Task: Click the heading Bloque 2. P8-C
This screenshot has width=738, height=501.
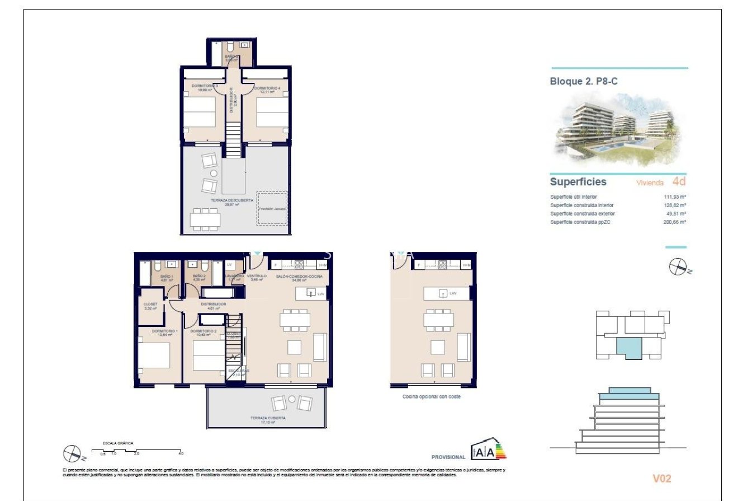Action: pos(584,81)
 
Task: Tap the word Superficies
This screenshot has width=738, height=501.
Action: pos(578,182)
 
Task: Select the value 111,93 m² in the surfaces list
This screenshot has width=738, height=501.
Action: pos(675,197)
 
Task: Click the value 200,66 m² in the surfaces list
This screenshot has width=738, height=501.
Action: pos(675,222)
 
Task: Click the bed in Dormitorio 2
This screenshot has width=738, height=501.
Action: pos(208,355)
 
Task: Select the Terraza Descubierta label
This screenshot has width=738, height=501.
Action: pos(232,202)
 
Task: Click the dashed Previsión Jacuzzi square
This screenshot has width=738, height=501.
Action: pos(272,208)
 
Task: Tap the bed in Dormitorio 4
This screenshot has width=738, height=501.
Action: pos(272,113)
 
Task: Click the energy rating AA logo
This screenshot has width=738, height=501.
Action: pos(488,451)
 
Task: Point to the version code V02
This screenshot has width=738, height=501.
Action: pos(662,479)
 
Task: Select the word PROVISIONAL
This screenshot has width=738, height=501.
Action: pos(448,457)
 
